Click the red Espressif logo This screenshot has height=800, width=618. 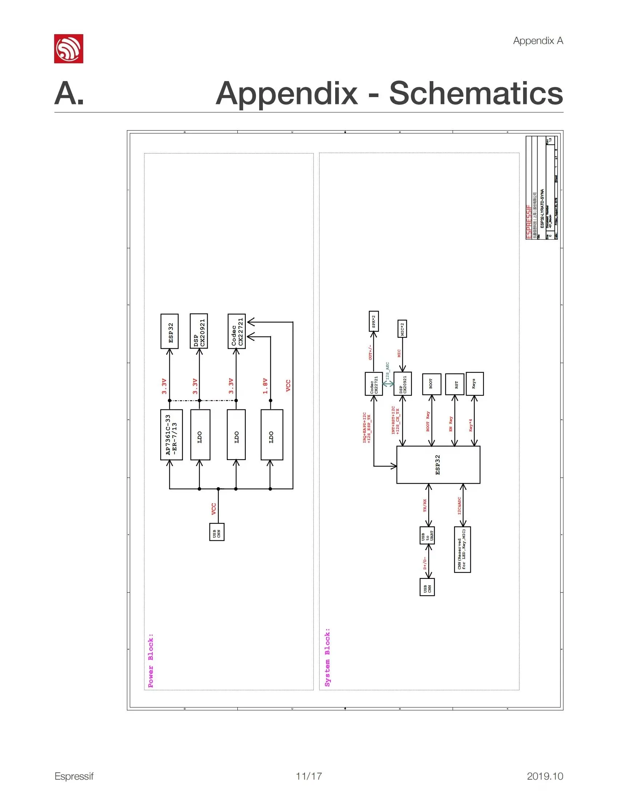(x=68, y=49)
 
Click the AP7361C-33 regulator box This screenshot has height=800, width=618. (x=171, y=435)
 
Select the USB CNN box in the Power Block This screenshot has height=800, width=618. (x=217, y=532)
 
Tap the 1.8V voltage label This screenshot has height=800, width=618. (x=265, y=387)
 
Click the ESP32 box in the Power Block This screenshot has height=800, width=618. (x=169, y=331)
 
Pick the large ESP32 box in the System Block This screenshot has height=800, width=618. (x=438, y=465)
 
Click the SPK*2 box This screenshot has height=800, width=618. (x=373, y=321)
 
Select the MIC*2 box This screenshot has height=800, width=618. (x=402, y=329)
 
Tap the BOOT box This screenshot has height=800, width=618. (x=431, y=384)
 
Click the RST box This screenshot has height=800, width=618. (x=454, y=384)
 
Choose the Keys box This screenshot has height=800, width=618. (x=474, y=384)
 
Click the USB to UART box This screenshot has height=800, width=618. (x=427, y=536)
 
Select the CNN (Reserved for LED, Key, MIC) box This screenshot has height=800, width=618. (x=462, y=549)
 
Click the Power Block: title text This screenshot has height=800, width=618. (x=151, y=660)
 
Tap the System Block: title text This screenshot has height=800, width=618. (x=327, y=657)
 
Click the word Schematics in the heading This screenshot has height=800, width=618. (x=475, y=93)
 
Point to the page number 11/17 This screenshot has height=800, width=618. (x=309, y=776)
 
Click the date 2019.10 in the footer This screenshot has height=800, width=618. (x=545, y=776)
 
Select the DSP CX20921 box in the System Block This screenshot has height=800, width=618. (x=402, y=384)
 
